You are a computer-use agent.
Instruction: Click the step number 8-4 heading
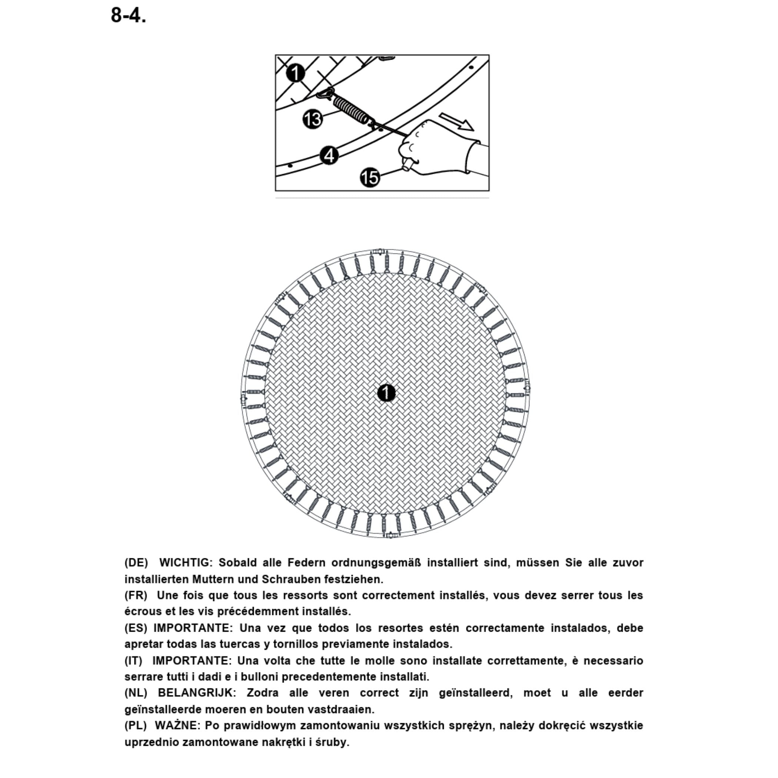[128, 16]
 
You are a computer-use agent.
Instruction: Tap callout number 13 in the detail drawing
[312, 119]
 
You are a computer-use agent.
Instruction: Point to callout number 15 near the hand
[370, 177]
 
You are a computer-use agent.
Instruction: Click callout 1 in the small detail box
[296, 73]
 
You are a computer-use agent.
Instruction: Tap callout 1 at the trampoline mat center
[386, 393]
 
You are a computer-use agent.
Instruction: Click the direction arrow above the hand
[456, 122]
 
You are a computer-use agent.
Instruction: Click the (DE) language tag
[136, 562]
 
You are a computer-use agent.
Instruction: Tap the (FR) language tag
[136, 595]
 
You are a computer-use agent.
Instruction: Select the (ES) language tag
[136, 628]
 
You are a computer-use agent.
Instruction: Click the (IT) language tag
[133, 661]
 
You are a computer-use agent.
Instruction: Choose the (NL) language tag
[136, 693]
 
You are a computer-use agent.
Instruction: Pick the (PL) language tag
[135, 725]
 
